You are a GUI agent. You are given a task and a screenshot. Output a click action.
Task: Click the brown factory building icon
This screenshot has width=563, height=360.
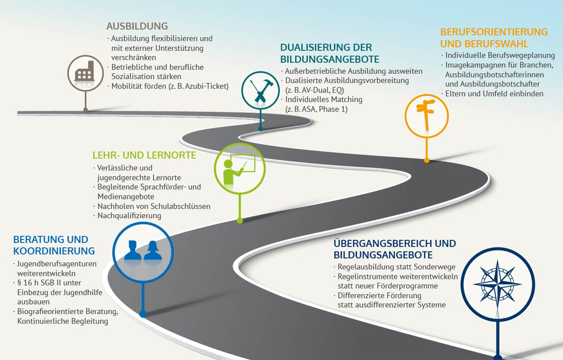click(x=85, y=71)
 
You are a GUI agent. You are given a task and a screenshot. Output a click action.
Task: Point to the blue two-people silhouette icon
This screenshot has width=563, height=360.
click(x=143, y=250)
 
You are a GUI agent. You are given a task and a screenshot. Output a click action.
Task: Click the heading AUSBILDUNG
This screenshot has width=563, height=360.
click(x=137, y=26)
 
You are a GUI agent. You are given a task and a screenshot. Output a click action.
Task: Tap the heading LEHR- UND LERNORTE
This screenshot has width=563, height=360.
click(x=144, y=155)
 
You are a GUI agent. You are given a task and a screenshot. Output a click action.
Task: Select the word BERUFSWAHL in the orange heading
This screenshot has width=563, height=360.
click(x=497, y=44)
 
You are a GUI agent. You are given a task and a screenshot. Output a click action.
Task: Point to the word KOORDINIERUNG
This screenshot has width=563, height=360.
click(x=54, y=251)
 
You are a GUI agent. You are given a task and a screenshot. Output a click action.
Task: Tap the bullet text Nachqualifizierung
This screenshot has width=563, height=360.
click(x=129, y=216)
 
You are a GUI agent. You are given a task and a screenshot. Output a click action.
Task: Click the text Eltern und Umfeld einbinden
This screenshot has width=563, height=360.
click(x=494, y=94)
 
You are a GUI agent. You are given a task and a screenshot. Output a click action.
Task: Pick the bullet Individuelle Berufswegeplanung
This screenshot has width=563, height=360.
click(x=500, y=55)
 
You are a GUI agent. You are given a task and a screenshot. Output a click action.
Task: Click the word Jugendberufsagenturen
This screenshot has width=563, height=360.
click(x=57, y=264)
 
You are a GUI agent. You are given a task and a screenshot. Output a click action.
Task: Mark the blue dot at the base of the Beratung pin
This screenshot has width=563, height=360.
click(x=143, y=314)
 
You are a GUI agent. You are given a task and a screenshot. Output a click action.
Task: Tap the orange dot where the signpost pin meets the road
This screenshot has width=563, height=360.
click(x=427, y=160)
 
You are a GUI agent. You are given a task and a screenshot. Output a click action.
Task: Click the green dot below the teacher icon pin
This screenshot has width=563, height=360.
click(x=240, y=221)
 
